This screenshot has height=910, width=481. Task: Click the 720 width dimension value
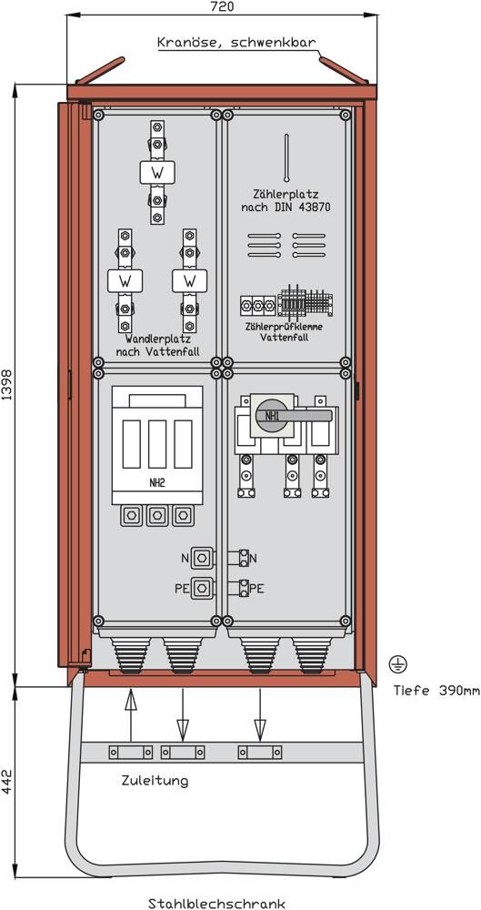click(x=222, y=6)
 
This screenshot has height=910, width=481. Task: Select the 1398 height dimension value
click(x=6, y=385)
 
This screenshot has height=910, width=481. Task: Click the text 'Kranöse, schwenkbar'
click(x=236, y=43)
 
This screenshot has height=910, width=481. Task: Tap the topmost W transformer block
click(x=157, y=172)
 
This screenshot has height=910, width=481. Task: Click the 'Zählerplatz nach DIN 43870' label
click(x=286, y=199)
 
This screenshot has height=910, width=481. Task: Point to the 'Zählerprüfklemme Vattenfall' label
click(x=285, y=331)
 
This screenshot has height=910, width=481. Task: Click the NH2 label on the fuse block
click(x=156, y=481)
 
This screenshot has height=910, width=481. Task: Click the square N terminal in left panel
click(x=201, y=559)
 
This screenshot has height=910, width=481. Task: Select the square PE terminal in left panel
click(x=201, y=588)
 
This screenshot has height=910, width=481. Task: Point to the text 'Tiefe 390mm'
click(x=437, y=691)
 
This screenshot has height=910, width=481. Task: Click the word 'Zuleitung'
click(x=155, y=781)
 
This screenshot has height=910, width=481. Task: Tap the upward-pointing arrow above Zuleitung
click(x=131, y=715)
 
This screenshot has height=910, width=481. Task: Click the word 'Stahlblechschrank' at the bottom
click(x=217, y=903)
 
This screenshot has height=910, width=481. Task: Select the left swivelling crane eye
click(x=100, y=70)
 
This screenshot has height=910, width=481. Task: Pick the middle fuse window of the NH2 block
click(x=157, y=444)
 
